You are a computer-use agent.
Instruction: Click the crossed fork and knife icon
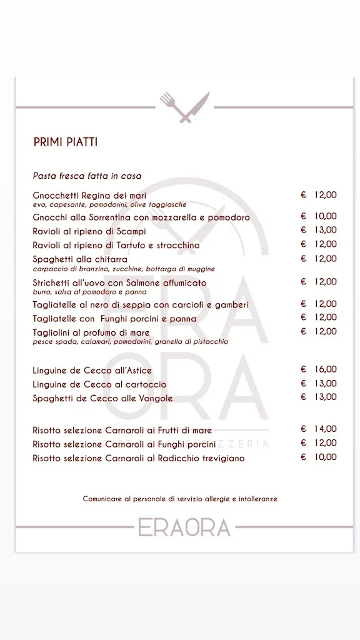(x=184, y=107)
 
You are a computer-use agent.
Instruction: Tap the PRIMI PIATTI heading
(x=65, y=142)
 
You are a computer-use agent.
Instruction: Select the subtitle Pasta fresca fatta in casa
(x=87, y=176)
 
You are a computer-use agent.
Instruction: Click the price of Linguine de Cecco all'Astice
(x=319, y=369)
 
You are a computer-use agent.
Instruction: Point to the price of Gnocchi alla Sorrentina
(x=319, y=216)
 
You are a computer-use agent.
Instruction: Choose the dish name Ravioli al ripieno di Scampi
(x=89, y=231)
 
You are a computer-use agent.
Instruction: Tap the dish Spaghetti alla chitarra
(x=80, y=259)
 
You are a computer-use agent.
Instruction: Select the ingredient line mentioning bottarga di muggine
(x=124, y=269)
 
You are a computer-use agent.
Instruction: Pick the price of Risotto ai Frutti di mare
(x=319, y=429)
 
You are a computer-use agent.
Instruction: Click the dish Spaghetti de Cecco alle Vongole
(x=102, y=398)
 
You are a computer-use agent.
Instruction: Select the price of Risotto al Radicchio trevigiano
(x=319, y=457)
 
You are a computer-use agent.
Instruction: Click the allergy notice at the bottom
(x=180, y=499)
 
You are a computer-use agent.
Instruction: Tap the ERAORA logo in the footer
(x=184, y=527)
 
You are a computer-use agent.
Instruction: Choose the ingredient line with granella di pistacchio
(x=131, y=342)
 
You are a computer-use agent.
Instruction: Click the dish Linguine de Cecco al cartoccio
(x=99, y=384)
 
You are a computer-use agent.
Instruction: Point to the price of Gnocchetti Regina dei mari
(x=319, y=195)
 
